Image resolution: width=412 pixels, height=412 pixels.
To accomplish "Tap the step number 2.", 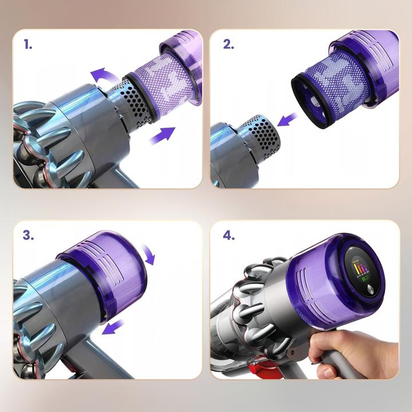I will click(228, 45).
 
